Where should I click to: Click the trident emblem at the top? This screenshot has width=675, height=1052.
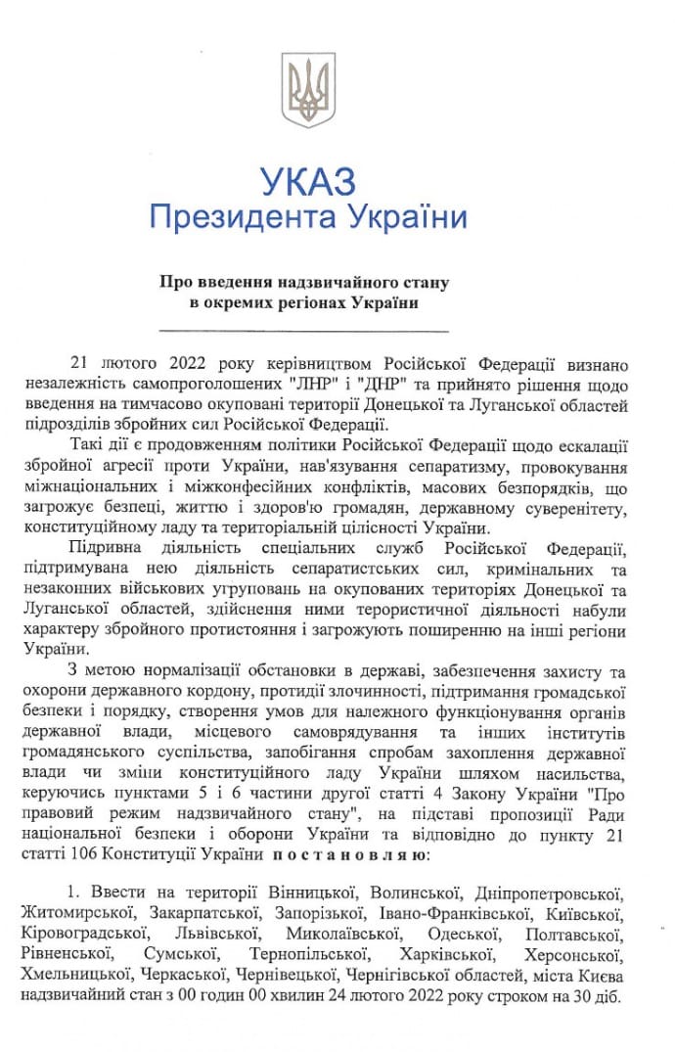pos(308,90)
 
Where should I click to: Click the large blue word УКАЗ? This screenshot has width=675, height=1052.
pos(308,182)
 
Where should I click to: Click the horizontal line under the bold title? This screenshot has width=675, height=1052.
pos(303,332)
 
